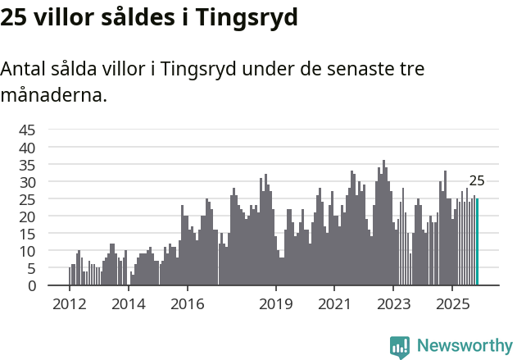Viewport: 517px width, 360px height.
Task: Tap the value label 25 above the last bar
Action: [x=477, y=181]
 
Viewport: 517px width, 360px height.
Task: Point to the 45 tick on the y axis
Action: [x=27, y=130]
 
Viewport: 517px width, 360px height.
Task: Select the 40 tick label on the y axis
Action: [x=27, y=147]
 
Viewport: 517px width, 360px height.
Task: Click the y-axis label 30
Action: [x=27, y=181]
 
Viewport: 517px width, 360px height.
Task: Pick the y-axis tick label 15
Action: [x=27, y=234]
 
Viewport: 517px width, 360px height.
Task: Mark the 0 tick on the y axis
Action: [x=31, y=285]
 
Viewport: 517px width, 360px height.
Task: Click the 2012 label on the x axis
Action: [x=69, y=304]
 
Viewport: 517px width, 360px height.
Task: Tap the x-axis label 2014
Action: [x=128, y=304]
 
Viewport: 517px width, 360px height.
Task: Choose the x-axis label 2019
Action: [x=276, y=304]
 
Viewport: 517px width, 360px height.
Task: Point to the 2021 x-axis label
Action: [x=334, y=304]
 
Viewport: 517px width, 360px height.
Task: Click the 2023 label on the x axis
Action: [x=393, y=304]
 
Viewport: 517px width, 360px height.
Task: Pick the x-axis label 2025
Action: [x=452, y=304]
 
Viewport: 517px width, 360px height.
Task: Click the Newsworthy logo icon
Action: [x=400, y=347]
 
